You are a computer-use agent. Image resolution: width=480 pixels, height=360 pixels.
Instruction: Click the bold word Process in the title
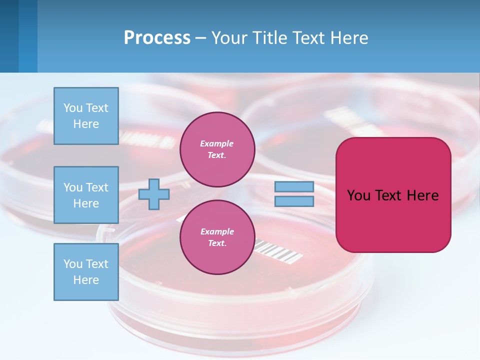tap(157, 38)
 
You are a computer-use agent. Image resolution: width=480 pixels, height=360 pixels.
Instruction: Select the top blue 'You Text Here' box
tap(86, 116)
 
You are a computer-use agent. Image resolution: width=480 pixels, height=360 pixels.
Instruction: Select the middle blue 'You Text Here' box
tap(86, 195)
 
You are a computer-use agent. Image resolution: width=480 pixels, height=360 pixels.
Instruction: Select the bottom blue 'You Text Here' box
tap(86, 272)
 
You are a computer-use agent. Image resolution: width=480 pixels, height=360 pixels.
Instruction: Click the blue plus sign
tap(154, 194)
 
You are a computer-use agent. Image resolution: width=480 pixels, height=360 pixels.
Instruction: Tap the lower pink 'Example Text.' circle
tap(217, 237)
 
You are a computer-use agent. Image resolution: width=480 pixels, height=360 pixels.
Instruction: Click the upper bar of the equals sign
tap(294, 186)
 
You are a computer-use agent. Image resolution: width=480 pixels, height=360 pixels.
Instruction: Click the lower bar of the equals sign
tap(294, 201)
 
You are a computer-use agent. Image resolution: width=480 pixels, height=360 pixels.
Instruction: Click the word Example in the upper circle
tap(217, 143)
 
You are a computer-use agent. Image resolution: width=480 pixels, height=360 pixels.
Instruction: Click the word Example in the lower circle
tap(217, 231)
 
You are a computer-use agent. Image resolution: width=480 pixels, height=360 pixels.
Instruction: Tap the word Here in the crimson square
tap(422, 195)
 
